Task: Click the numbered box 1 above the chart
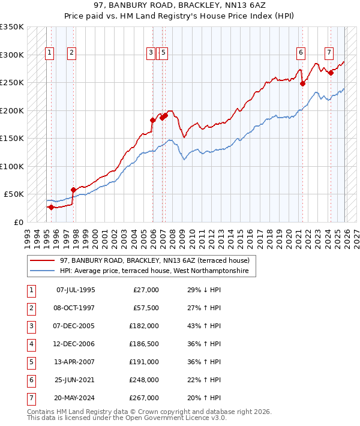[x=49, y=53]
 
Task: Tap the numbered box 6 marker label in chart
[x=300, y=53]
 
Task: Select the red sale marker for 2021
[x=302, y=84]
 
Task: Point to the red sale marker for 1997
[x=74, y=190]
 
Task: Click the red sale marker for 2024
[x=331, y=73]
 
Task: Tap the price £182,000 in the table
[x=145, y=326]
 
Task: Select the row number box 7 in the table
[x=31, y=398]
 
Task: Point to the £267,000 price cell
[x=145, y=398]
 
